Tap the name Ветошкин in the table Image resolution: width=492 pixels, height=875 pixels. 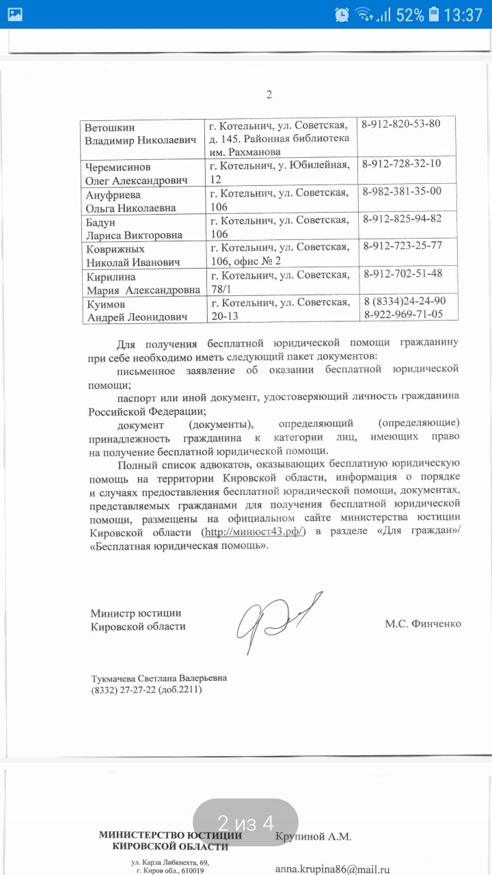point(110,127)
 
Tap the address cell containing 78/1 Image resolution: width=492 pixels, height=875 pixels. point(279,282)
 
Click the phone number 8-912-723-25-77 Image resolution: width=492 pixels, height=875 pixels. point(402,245)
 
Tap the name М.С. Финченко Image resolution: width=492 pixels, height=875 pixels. point(423,623)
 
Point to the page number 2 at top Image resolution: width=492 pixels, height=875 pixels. point(269,94)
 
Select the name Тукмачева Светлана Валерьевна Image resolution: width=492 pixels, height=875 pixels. point(159,677)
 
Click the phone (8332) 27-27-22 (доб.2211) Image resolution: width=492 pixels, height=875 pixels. point(146,690)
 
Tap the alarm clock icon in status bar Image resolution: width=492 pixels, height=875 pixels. point(342,15)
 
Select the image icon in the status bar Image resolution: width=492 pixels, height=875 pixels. point(15,14)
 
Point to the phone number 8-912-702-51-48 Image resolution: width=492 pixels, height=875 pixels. point(402,273)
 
